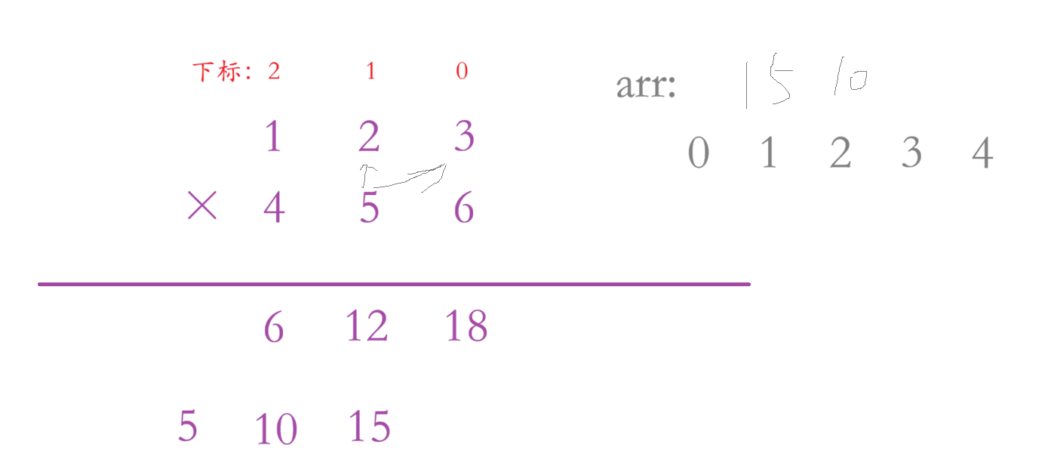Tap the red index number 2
274,72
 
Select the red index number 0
462,72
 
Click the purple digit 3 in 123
463,137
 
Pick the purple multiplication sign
201,205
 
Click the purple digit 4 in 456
274,208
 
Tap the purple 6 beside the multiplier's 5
463,208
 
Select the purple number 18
466,326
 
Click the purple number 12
367,326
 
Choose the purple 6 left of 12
273,327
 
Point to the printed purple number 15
369,426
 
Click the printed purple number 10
275,430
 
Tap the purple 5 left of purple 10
187,426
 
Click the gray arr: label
646,86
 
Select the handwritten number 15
765,84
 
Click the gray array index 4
982,153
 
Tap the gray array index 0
699,153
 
